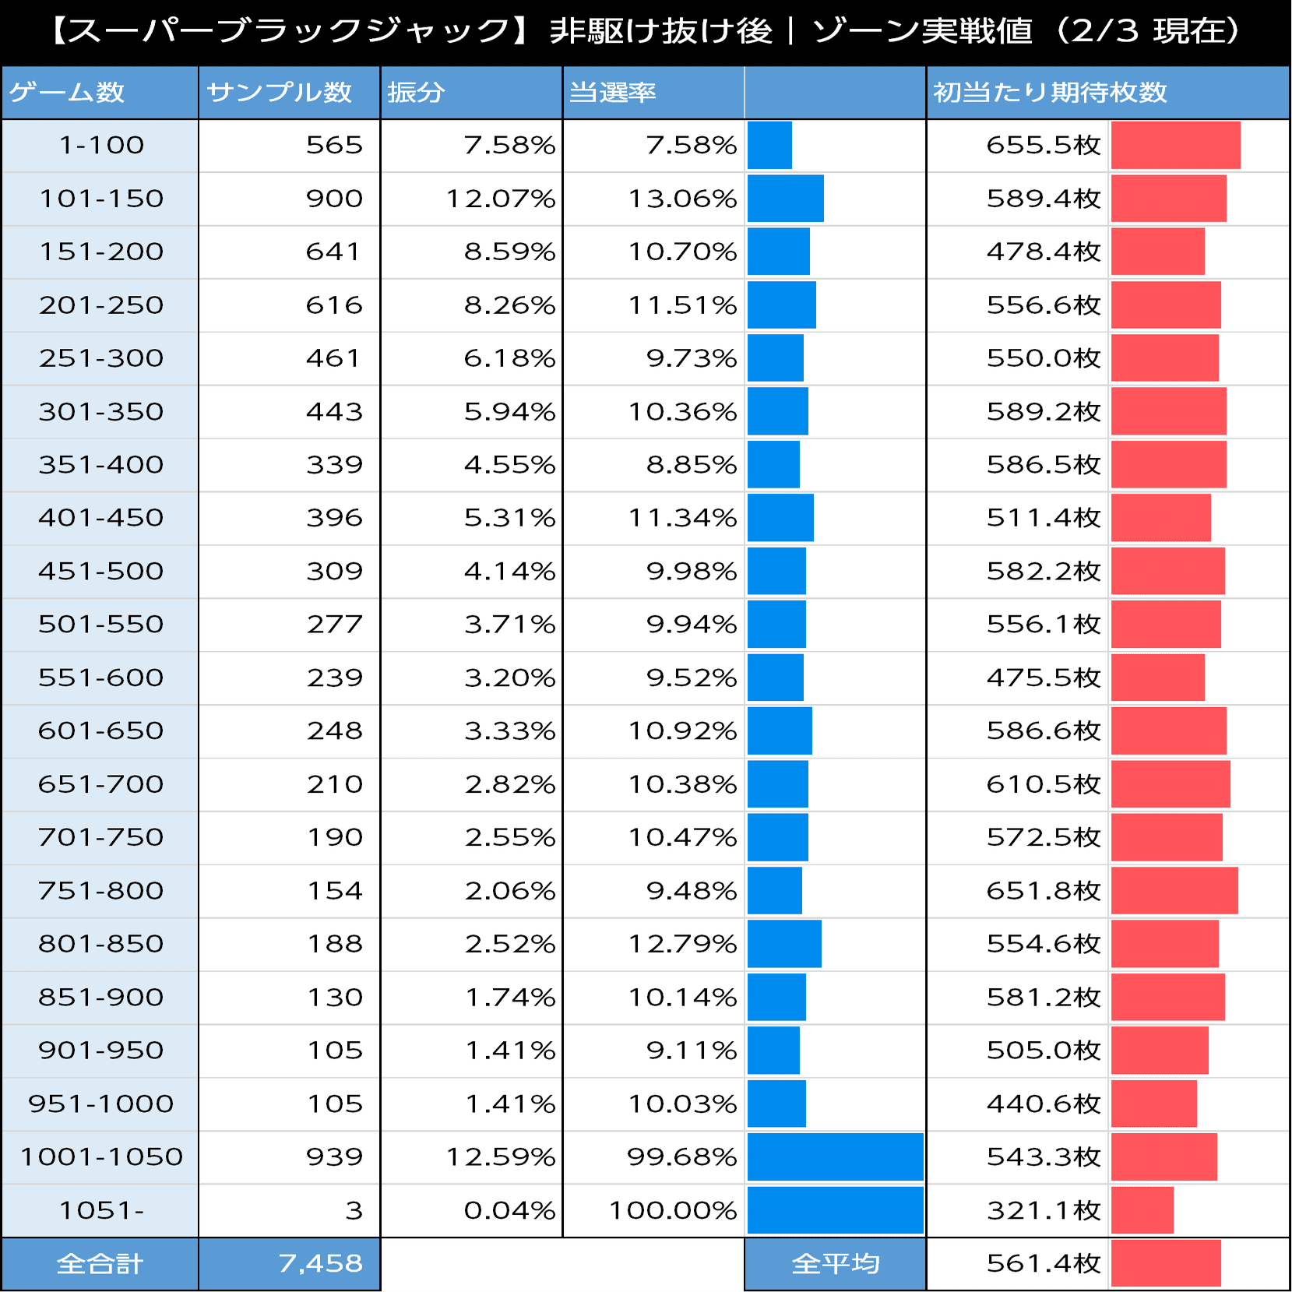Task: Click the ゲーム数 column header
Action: click(67, 93)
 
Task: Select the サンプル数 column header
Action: click(279, 93)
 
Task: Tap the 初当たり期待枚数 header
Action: click(1050, 93)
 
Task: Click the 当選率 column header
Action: click(612, 93)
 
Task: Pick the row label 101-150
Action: click(101, 199)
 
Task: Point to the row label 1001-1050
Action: click(101, 1156)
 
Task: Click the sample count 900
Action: click(334, 199)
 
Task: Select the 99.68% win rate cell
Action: click(681, 1156)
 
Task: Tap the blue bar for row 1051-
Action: click(835, 1210)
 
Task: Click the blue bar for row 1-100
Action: click(769, 146)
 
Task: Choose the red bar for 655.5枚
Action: click(1175, 146)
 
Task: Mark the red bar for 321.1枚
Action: click(1142, 1210)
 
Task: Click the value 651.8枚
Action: click(1043, 890)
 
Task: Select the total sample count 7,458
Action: click(320, 1263)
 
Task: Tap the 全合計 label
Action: click(100, 1263)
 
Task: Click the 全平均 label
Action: click(835, 1263)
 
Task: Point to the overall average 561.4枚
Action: click(1043, 1263)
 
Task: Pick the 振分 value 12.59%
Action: click(500, 1156)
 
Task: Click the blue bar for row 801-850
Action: click(784, 944)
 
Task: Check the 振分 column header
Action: click(416, 93)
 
